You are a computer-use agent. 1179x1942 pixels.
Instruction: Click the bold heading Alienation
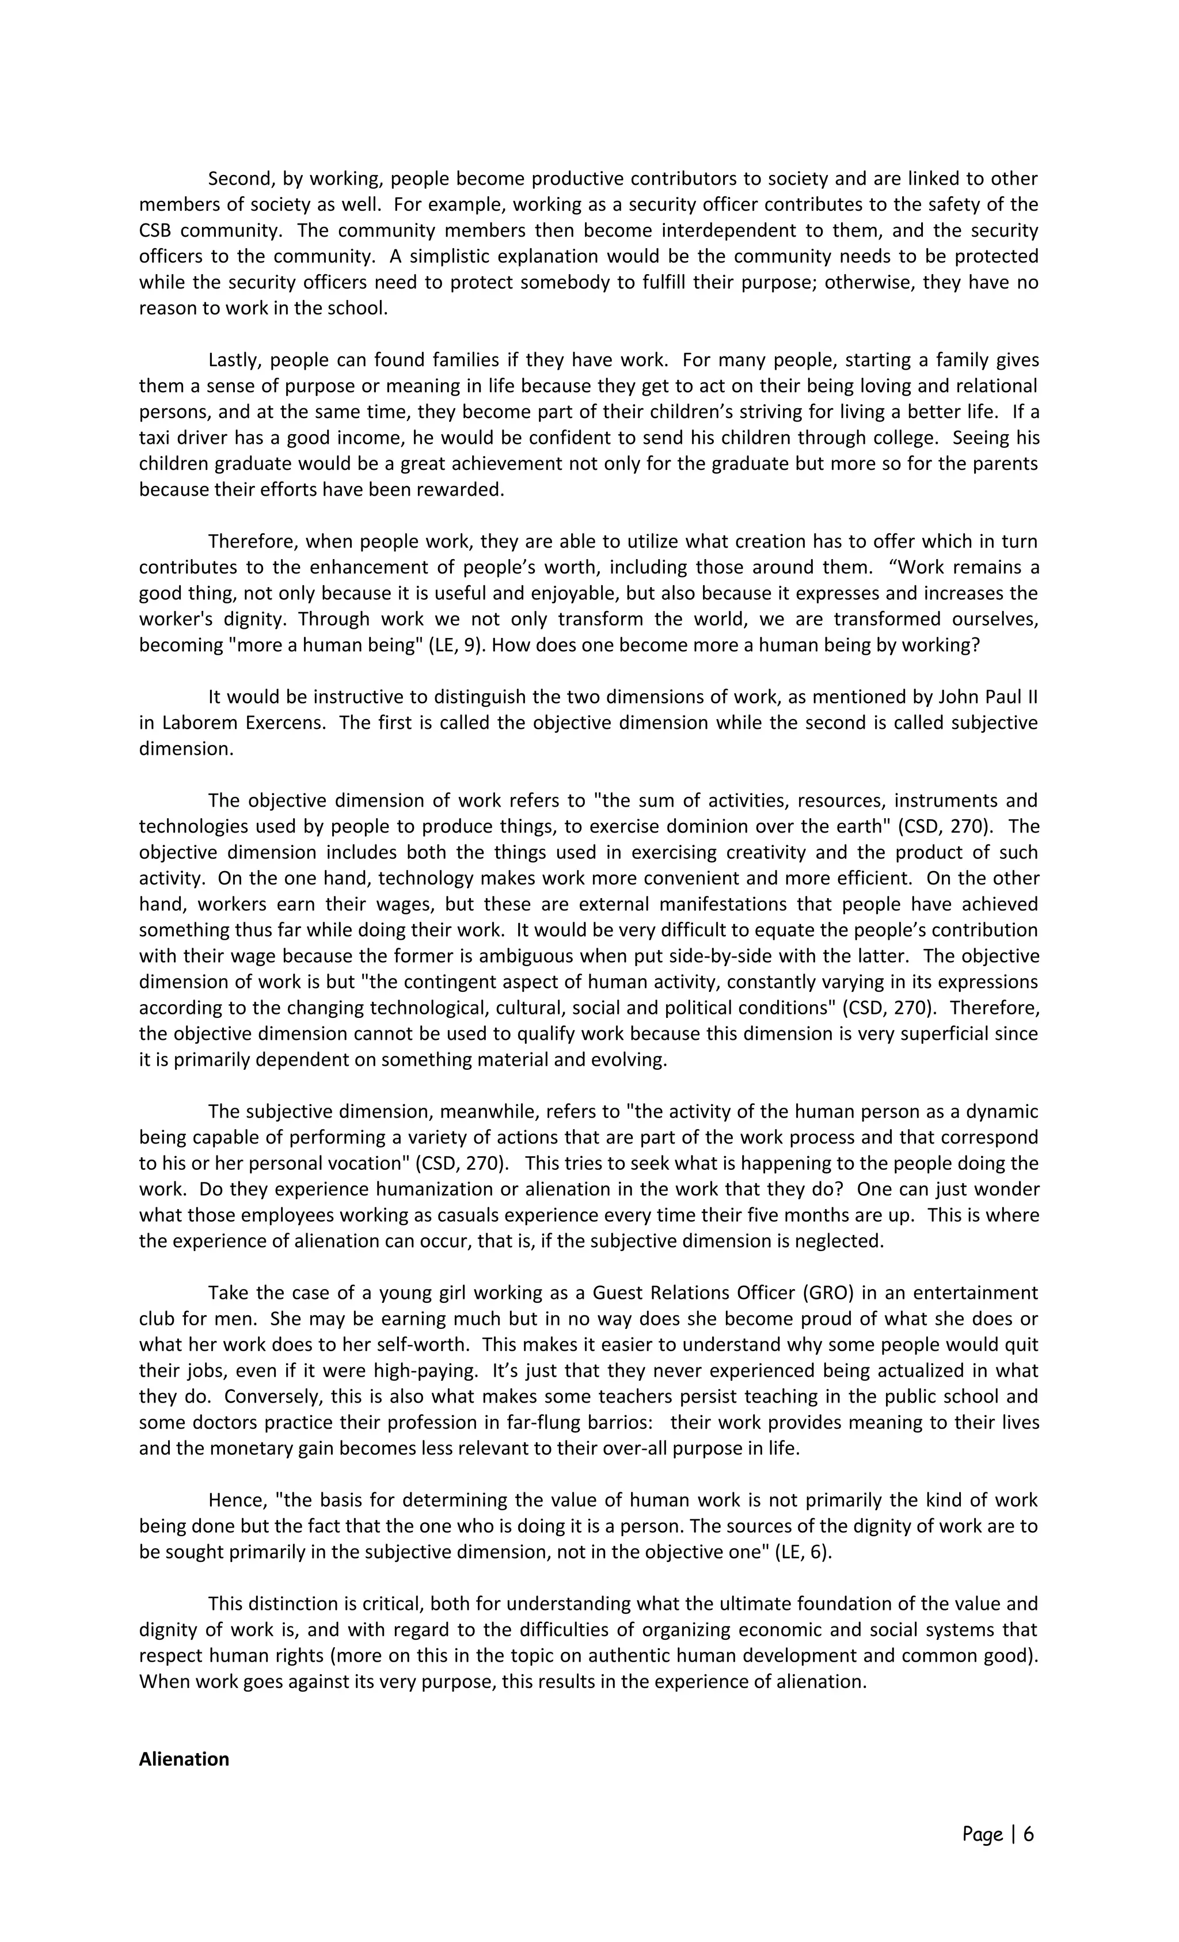(x=184, y=1759)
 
